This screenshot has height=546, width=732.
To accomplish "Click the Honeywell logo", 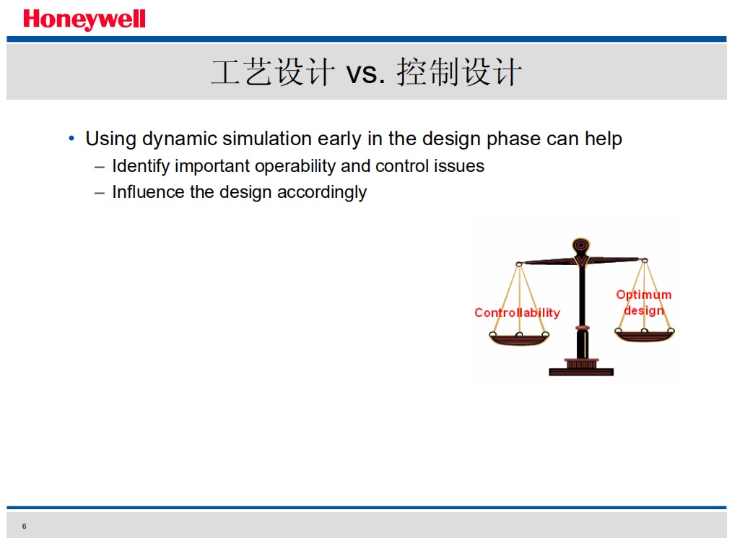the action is (x=84, y=19).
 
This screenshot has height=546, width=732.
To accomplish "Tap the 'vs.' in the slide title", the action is (x=365, y=74).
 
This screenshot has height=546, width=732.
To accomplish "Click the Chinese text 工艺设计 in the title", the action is (x=273, y=72).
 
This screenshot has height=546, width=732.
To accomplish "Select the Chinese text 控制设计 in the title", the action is (x=459, y=72).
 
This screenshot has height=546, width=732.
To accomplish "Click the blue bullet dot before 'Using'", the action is (x=71, y=138).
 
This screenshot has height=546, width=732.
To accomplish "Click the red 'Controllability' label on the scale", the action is (x=518, y=313).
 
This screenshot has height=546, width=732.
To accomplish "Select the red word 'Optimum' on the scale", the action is (x=644, y=295).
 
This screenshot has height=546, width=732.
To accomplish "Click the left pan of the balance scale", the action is (x=519, y=339).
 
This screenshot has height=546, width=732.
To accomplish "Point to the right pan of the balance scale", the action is (x=644, y=335).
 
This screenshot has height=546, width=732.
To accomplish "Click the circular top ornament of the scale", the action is (x=580, y=246).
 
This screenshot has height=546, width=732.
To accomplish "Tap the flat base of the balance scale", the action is (x=581, y=372).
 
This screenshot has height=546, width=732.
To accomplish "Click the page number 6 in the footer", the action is (x=25, y=526).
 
